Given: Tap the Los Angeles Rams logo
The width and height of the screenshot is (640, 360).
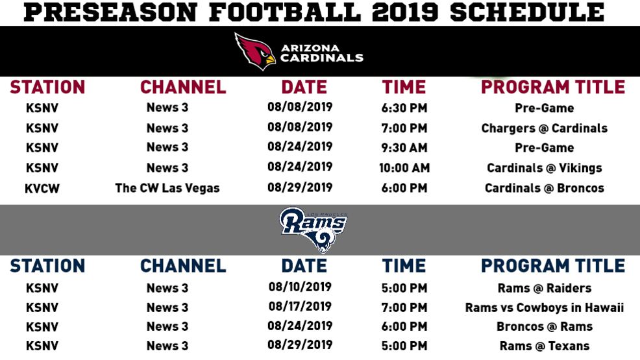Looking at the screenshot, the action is tap(313, 230).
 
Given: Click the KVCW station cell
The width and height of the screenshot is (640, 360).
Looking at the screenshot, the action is tap(42, 189).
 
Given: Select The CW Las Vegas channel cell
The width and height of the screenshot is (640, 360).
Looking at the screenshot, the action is tap(167, 188).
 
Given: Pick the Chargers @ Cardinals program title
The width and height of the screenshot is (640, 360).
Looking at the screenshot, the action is tap(545, 128).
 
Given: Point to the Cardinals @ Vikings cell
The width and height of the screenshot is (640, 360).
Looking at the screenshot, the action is tap(545, 168).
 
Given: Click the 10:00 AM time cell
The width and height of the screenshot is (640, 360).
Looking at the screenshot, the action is tap(404, 168).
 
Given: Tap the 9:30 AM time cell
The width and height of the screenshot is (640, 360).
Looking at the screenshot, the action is tap(404, 148).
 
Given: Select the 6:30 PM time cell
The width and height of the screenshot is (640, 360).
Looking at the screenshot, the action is tap(404, 108).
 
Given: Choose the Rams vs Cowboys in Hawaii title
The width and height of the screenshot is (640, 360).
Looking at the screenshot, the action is tap(545, 308).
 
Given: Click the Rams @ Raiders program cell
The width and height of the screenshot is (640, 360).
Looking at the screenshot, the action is tap(545, 288).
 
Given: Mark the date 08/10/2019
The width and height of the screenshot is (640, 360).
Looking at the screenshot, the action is tap(300, 287).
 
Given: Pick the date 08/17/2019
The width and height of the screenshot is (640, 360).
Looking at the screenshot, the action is tap(300, 307).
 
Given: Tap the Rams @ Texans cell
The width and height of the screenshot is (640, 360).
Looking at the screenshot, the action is tap(545, 346).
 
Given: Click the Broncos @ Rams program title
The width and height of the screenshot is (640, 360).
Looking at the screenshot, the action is tap(545, 326).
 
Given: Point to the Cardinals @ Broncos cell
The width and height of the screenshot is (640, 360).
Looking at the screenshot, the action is tap(545, 188).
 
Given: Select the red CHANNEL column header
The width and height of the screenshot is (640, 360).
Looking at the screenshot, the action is tap(183, 88).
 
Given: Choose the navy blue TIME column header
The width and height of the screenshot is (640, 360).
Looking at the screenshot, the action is tap(404, 266).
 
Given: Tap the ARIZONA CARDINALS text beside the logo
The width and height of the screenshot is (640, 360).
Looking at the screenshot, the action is tap(322, 53).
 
